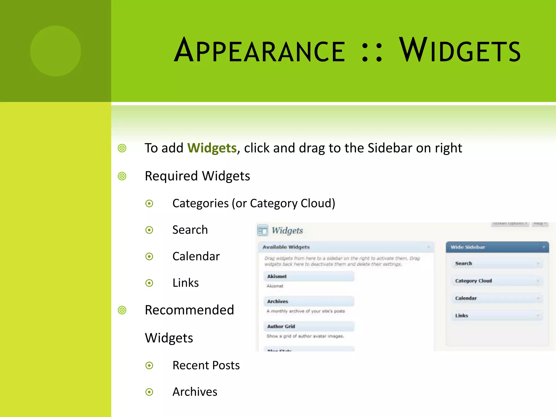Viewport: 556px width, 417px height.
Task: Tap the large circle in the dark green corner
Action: pos(56,51)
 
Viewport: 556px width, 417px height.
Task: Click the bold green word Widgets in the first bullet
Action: pos(212,148)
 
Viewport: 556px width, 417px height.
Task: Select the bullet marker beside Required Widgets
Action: pos(122,176)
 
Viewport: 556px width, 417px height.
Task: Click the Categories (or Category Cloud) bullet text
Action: pos(254,203)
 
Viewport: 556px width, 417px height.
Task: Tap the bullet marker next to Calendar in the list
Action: pos(149,256)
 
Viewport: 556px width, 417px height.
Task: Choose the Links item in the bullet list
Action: pos(186,283)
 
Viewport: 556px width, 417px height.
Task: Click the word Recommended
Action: pos(189,310)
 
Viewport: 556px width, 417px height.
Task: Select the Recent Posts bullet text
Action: pos(206,365)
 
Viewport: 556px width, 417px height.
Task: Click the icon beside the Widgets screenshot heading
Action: pos(263,230)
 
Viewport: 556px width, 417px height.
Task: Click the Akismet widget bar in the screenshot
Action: pos(309,276)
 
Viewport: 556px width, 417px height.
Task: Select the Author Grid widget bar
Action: pos(309,326)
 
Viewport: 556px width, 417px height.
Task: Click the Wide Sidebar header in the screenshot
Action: pos(497,247)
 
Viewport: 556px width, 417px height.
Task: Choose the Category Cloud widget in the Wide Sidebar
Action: pos(497,281)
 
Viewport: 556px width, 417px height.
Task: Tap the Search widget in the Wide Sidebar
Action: pos(497,263)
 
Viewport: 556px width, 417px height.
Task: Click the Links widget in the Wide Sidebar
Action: pos(497,315)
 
